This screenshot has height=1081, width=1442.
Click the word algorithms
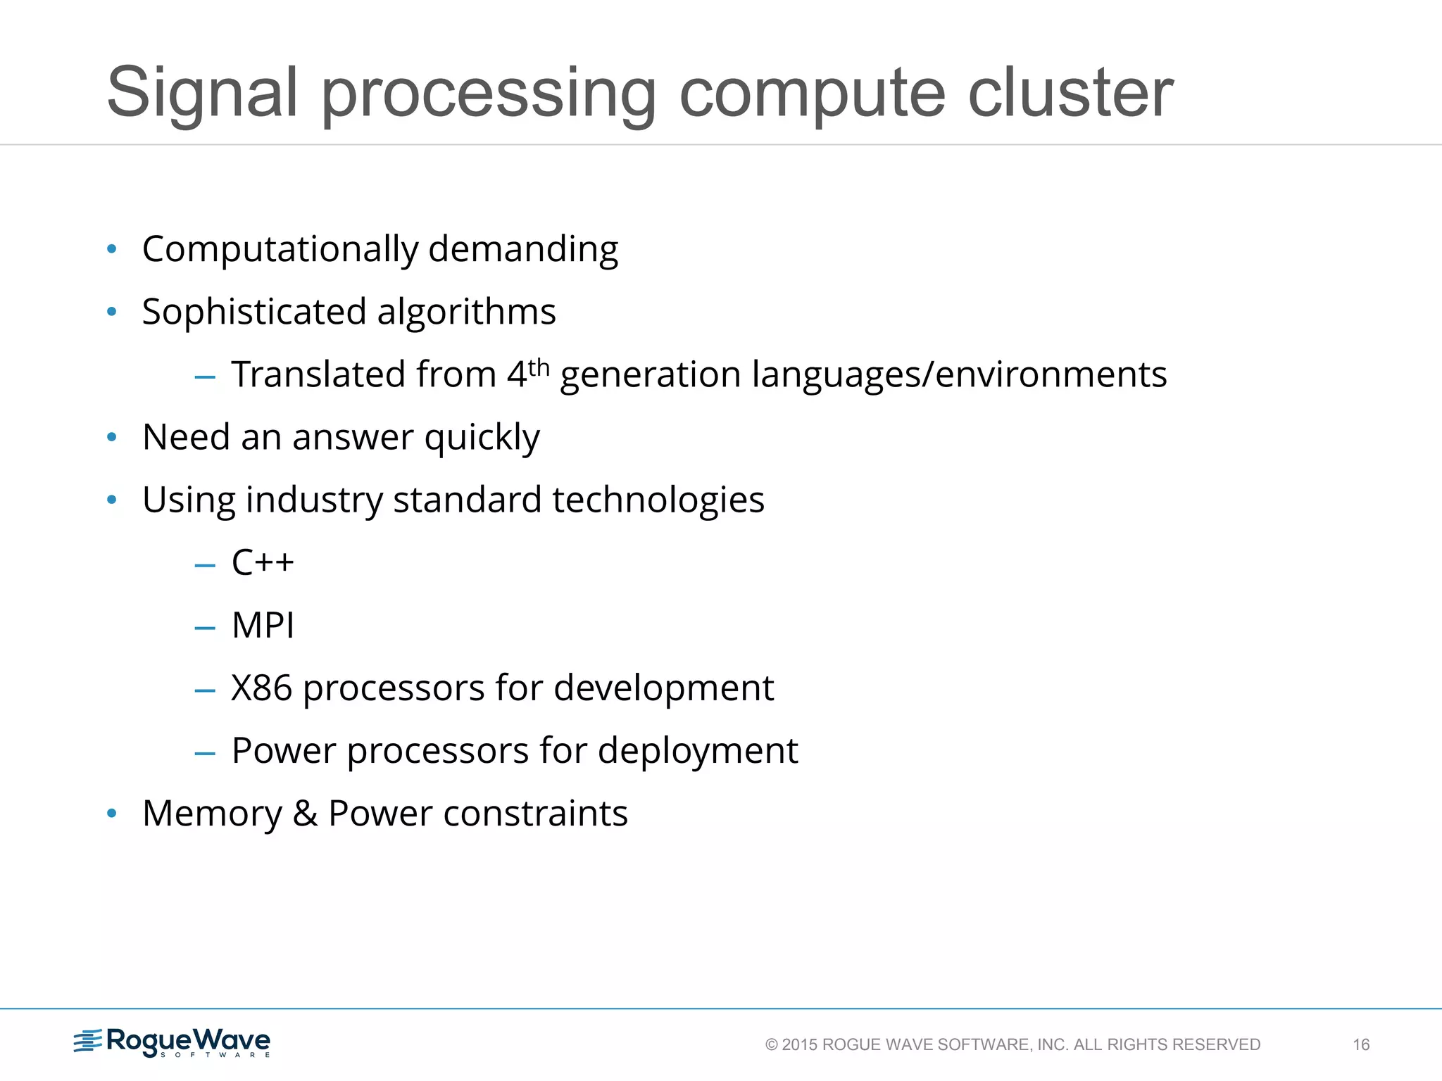coord(466,312)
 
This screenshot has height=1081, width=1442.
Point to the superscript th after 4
coord(539,367)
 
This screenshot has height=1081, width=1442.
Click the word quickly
coord(482,438)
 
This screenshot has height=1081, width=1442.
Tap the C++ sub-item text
coord(263,562)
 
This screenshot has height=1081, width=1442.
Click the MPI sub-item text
coord(263,625)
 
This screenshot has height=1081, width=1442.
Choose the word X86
coord(261,688)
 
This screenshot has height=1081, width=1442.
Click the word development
coord(663,688)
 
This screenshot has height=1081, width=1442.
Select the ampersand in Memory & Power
coord(305,814)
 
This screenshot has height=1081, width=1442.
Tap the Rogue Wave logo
coord(173,1042)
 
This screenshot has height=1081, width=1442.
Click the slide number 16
coord(1361,1044)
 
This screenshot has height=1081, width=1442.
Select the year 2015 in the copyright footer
coord(800,1044)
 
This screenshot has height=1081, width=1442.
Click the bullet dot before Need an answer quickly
coord(111,438)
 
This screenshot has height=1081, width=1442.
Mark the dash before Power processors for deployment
coord(205,753)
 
